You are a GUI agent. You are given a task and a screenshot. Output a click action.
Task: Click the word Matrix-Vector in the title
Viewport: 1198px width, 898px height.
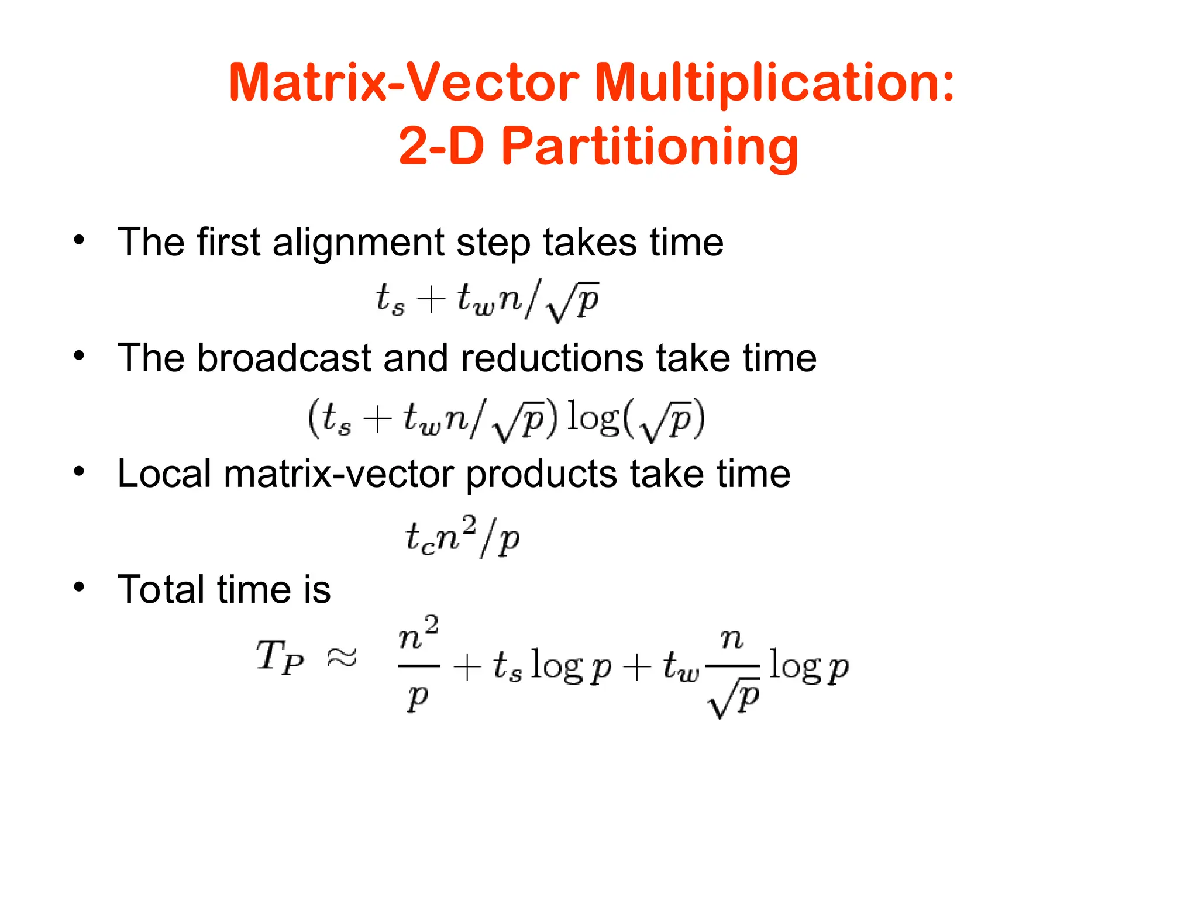[404, 83]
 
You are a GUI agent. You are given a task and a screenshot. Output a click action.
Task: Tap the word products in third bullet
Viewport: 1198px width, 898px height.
[541, 474]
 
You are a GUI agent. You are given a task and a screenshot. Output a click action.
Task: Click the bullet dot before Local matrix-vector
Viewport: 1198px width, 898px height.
[80, 471]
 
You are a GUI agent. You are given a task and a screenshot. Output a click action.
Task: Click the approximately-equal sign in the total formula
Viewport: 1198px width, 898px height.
[342, 658]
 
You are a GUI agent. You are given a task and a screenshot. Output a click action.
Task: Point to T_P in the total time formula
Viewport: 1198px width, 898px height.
[280, 657]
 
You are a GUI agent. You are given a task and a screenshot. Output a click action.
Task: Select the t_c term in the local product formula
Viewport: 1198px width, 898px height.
[420, 538]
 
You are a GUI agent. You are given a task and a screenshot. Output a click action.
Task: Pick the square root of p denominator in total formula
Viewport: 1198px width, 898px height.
[734, 698]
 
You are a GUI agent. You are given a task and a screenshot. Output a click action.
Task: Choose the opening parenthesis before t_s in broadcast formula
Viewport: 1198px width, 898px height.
[314, 417]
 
